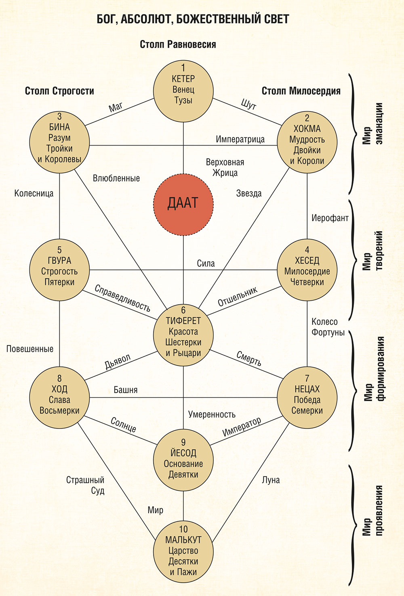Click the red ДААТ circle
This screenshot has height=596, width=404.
click(183, 205)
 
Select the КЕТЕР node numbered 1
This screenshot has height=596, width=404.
click(183, 90)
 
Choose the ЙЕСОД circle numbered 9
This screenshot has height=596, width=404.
click(183, 460)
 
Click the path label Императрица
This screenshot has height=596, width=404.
click(240, 139)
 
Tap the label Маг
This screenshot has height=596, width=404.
click(116, 107)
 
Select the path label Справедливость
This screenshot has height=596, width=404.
click(122, 298)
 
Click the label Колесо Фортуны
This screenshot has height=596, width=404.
click(328, 327)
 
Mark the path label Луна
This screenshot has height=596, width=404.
click(271, 480)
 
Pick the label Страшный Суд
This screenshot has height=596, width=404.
click(86, 485)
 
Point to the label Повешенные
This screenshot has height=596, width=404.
click(30, 349)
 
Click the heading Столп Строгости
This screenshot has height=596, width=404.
click(59, 91)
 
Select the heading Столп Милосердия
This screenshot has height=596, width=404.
click(301, 91)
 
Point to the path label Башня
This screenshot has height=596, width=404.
click(126, 390)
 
